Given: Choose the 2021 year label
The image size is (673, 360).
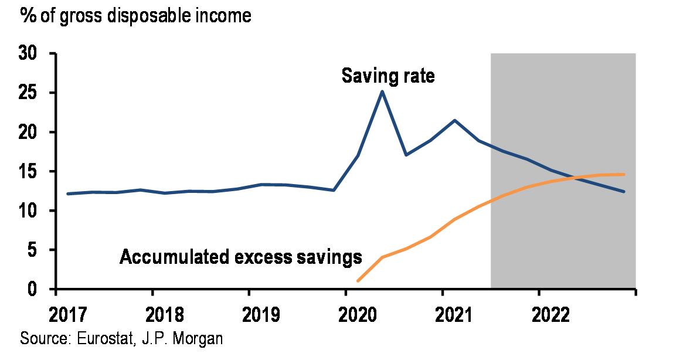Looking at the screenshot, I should coord(453,315).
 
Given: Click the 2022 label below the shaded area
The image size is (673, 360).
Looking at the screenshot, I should coord(550,315).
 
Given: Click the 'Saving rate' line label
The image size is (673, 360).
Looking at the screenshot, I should coord(388,76).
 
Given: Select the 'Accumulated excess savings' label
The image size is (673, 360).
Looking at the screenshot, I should coord(240,257).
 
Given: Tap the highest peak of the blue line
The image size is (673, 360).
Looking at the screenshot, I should coord(382,91).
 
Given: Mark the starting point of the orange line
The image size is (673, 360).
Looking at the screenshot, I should coord(358,281).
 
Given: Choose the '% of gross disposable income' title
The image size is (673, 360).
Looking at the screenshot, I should coord(136,15).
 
